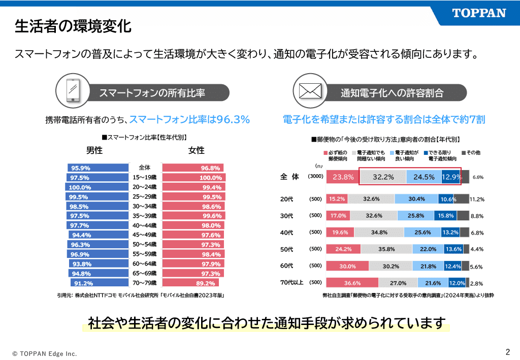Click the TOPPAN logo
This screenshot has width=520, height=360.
[x=479, y=13]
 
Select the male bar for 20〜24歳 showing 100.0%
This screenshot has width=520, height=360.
[x=98, y=187]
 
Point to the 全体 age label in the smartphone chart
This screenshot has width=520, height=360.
[x=144, y=168]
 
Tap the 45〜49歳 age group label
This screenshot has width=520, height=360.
[x=144, y=235]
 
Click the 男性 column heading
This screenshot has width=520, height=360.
[x=94, y=150]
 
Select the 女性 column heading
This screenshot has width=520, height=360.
[x=196, y=150]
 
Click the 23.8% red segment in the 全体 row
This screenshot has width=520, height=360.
[x=343, y=177]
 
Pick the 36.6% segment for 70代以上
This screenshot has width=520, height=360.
[x=352, y=283]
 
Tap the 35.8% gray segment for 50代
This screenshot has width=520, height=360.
[x=386, y=249]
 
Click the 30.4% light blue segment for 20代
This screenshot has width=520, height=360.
[x=416, y=199]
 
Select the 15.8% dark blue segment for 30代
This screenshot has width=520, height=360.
[x=445, y=216]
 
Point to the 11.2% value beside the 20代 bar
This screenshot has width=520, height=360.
[x=477, y=200]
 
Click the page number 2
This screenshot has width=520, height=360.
[x=507, y=352]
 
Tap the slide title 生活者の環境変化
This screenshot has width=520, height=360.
[x=73, y=26]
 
